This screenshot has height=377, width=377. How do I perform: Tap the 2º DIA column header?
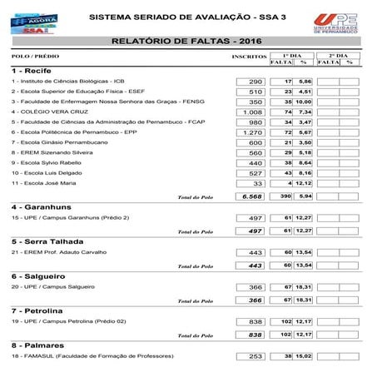click(x=339, y=53)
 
